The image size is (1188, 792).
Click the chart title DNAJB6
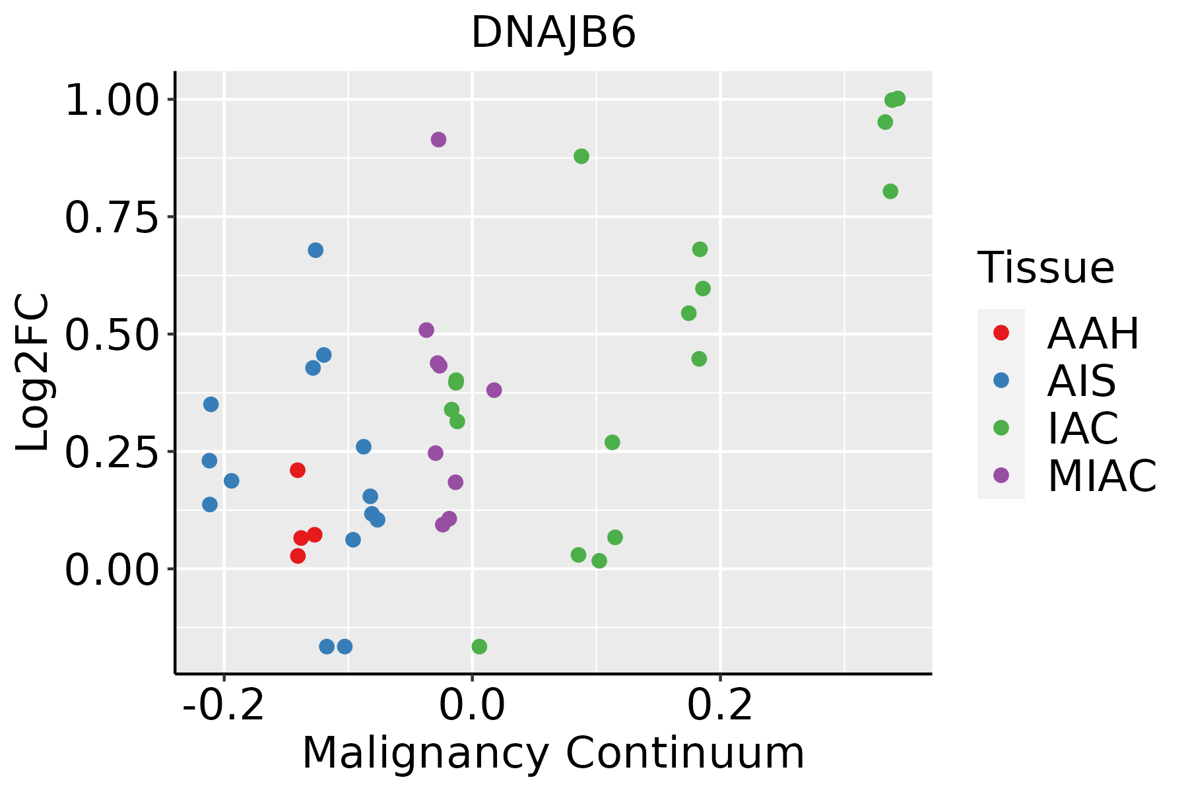[553, 33]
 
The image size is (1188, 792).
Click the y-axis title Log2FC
[33, 373]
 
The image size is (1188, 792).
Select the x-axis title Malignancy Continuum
[553, 753]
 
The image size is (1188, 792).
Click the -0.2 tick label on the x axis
[224, 706]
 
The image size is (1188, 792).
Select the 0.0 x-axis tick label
[473, 706]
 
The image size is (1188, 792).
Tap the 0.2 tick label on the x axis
[720, 706]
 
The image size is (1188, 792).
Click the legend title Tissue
[1046, 268]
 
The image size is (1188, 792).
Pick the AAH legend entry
[1093, 333]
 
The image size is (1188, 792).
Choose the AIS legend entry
[1081, 381]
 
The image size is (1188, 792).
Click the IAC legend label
[1083, 428]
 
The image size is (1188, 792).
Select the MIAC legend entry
[1102, 476]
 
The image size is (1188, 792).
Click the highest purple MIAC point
[438, 139]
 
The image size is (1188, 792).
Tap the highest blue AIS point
[315, 250]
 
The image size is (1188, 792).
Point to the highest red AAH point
[298, 470]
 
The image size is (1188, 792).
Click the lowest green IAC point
[479, 646]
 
